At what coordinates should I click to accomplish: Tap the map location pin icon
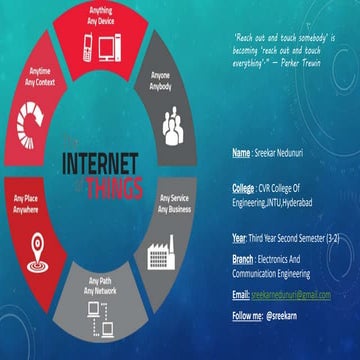35,243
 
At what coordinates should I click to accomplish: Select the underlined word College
243,187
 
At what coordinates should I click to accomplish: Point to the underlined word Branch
243,258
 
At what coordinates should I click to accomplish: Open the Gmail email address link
291,295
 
